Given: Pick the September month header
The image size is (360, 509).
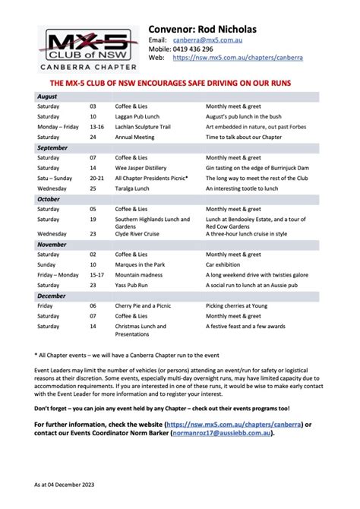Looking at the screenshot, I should [52, 147].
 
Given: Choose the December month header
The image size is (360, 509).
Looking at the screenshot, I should [52, 296].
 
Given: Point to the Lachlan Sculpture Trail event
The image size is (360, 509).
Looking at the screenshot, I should [147, 127].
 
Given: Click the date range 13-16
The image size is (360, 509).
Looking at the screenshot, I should [96, 127].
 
